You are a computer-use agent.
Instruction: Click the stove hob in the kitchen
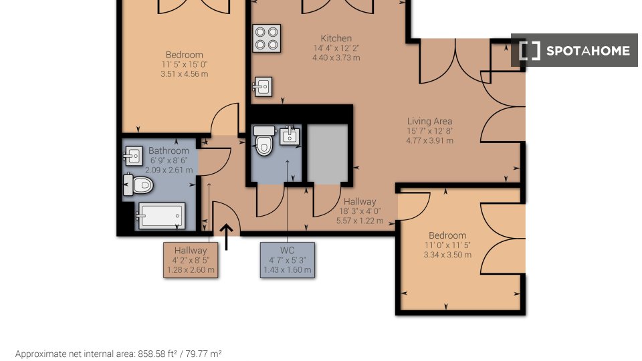click(267, 39)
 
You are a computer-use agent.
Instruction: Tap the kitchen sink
click(262, 87)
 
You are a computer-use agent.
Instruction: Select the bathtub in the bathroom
click(161, 215)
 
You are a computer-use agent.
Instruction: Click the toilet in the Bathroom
click(138, 185)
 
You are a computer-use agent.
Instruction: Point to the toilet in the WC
click(264, 141)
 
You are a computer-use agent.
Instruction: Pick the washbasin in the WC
click(290, 136)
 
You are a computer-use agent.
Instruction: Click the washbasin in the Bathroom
click(133, 156)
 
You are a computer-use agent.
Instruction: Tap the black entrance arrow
click(226, 237)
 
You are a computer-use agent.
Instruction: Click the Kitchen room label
click(336, 38)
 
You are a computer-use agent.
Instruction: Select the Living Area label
click(429, 121)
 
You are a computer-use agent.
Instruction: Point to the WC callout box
click(288, 260)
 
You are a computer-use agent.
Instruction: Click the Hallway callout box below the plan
click(191, 260)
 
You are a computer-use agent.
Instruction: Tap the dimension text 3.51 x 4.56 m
click(185, 74)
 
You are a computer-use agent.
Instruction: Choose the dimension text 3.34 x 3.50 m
click(447, 255)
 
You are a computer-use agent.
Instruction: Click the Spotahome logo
click(574, 50)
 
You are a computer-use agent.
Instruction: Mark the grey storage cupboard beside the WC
click(327, 154)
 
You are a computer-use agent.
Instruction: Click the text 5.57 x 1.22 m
click(360, 221)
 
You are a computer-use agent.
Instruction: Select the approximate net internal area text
click(118, 354)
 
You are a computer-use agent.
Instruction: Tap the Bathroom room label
click(169, 150)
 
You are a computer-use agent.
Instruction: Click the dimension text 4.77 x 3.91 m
click(429, 140)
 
